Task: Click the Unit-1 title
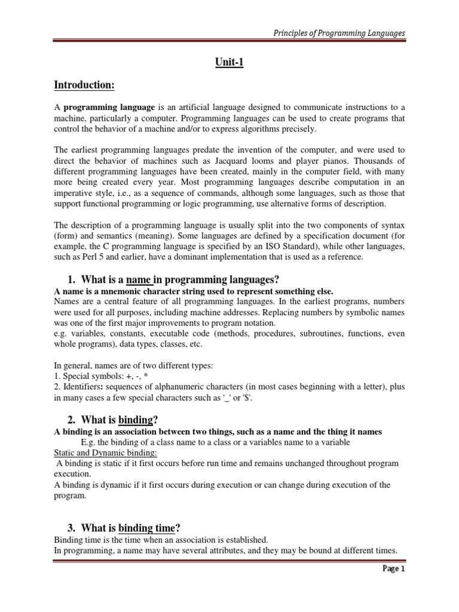click(229, 63)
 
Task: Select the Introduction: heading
click(84, 85)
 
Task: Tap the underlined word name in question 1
click(139, 280)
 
